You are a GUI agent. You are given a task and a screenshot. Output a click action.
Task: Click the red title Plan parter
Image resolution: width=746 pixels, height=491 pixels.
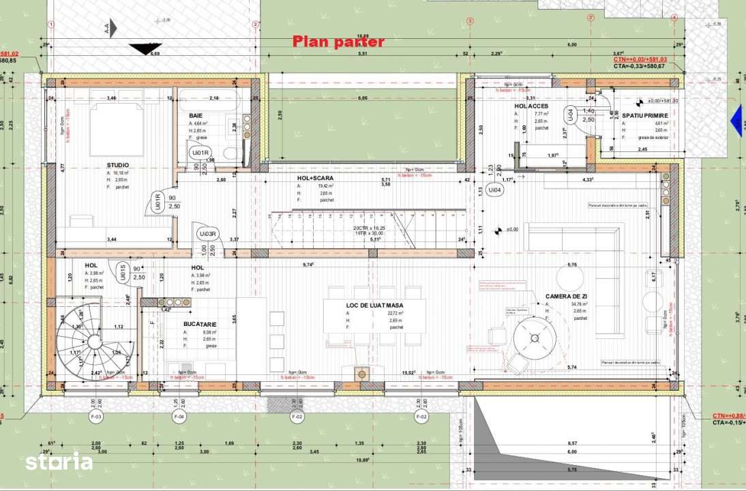click(x=338, y=42)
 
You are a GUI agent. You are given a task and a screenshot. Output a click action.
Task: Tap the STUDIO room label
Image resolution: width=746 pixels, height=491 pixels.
click(x=117, y=165)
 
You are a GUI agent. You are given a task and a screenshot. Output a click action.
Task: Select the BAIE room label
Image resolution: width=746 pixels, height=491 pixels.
click(x=196, y=115)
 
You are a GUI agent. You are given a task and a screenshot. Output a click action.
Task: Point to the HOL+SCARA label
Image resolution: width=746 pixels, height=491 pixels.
click(x=315, y=177)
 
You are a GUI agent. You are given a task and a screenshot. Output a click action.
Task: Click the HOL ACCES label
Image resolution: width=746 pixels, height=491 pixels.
click(x=531, y=106)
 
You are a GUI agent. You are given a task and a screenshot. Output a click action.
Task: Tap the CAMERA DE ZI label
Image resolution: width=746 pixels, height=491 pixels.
click(x=567, y=297)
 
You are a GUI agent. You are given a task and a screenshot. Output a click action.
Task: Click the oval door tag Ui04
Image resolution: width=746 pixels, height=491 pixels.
click(x=495, y=191)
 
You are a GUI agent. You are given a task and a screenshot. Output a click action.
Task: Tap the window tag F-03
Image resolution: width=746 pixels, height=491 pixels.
click(x=96, y=415)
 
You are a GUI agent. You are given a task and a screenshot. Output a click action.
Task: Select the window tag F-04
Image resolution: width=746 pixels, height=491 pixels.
click(x=179, y=415)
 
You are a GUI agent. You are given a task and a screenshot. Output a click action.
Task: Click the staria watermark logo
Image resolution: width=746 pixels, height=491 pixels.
click(x=59, y=462)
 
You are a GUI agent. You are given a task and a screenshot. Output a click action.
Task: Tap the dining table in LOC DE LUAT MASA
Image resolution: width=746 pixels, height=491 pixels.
click(x=374, y=316)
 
